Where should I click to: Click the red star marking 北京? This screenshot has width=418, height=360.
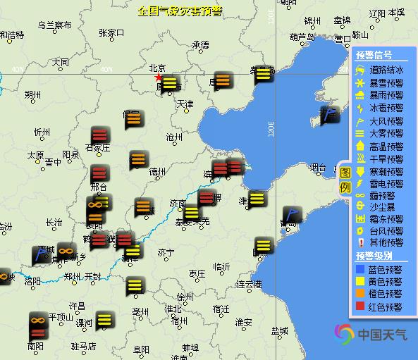[x=159, y=77]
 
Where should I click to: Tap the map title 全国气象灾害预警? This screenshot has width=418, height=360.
[x=180, y=11]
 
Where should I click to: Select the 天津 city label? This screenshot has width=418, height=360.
[x=185, y=104]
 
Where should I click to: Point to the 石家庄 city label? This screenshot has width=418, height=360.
[x=98, y=148]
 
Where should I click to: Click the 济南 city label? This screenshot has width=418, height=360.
[x=178, y=204]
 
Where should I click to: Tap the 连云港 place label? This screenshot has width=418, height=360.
[x=249, y=285]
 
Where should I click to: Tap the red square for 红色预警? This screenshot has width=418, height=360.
[x=361, y=306]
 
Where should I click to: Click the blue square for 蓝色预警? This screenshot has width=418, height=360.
[x=361, y=268]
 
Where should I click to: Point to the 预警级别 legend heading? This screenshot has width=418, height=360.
[x=374, y=255]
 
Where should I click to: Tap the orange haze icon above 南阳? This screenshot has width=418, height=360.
[x=38, y=323]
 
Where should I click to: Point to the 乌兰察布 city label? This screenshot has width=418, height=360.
[x=54, y=25]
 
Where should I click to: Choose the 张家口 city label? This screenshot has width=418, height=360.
[x=111, y=32]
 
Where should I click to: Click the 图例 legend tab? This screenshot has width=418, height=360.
[x=345, y=180]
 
